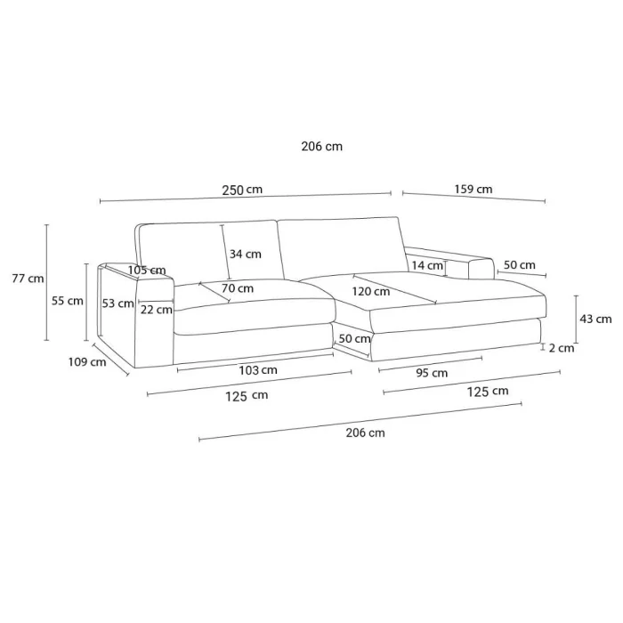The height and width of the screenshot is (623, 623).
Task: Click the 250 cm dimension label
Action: pyautogui.click(x=242, y=190)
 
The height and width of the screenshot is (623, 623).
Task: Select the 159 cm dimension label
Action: pyautogui.click(x=473, y=189)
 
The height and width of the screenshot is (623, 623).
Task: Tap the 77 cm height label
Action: pyautogui.click(x=28, y=279)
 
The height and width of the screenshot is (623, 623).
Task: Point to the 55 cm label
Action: pyautogui.click(x=67, y=301)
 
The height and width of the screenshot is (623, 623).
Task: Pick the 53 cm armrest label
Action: pyautogui.click(x=117, y=303)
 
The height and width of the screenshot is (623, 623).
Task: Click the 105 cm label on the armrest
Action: pyautogui.click(x=147, y=271)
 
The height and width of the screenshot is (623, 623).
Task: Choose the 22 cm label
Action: pyautogui.click(x=156, y=310)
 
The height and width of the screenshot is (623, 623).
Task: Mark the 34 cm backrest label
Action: pyautogui.click(x=246, y=254)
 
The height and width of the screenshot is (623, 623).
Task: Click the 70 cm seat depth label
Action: pyautogui.click(x=238, y=288)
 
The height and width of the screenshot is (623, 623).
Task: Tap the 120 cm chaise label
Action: pyautogui.click(x=371, y=292)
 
